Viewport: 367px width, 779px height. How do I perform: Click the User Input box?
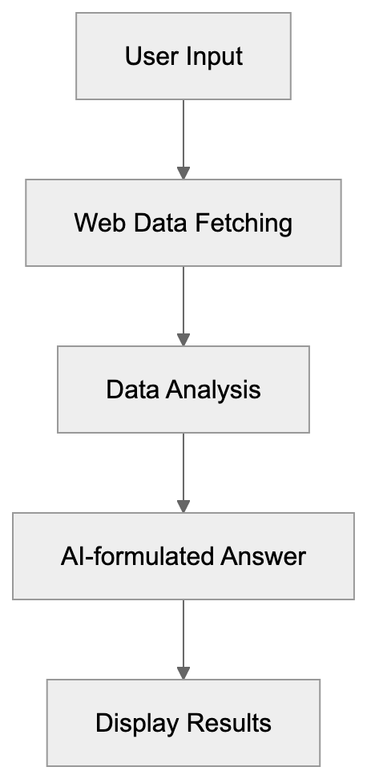point(183,57)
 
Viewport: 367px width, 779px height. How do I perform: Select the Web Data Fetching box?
point(183,223)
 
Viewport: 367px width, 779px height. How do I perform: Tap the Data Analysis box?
point(183,389)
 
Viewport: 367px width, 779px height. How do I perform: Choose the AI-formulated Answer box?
point(183,556)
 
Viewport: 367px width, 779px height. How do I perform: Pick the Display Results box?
point(183,723)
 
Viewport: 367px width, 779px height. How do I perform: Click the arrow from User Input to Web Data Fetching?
point(183,136)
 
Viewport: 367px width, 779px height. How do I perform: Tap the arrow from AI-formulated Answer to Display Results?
point(183,636)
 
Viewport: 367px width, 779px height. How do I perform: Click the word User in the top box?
point(145,57)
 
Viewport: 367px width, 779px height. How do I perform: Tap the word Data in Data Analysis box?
point(132,389)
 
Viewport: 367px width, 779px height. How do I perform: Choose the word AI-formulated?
point(137,556)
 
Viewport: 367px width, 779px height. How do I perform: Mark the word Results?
point(232,723)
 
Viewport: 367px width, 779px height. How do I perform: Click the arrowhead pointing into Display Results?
point(183,672)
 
